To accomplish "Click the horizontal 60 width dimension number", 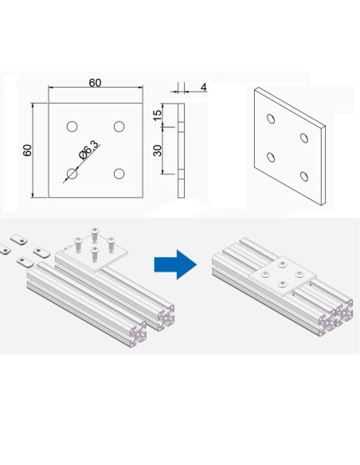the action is (x=95, y=83).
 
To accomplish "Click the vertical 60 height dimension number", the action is (x=27, y=150).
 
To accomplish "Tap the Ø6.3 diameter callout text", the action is (x=88, y=150).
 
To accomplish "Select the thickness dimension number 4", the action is (x=203, y=88).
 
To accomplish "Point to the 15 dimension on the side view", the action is (x=157, y=115).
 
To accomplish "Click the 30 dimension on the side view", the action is (x=157, y=150).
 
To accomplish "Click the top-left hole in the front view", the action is (x=72, y=127).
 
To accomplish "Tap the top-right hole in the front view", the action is (x=119, y=127).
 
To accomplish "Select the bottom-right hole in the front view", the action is (x=119, y=174).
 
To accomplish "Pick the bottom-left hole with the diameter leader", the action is (x=72, y=174).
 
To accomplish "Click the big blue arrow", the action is (x=175, y=264).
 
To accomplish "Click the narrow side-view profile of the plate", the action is (x=181, y=150).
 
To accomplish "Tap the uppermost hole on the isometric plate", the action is (x=271, y=119).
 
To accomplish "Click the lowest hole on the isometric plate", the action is (x=304, y=176).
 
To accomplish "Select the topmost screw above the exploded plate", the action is (x=95, y=235).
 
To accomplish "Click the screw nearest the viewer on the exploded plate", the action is (x=94, y=255).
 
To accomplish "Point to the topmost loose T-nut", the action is (x=18, y=239).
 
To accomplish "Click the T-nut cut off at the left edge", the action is (x=5, y=249).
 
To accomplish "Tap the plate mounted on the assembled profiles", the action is (x=283, y=276).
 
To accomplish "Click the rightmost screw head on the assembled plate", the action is (x=300, y=274).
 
